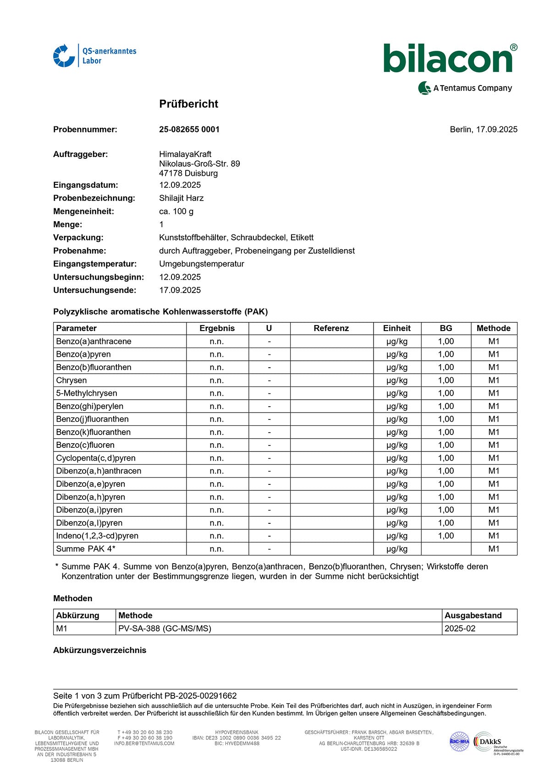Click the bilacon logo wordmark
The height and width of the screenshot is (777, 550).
448,59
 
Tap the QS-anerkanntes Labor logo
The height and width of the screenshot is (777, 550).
95,56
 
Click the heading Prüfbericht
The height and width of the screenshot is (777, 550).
188,104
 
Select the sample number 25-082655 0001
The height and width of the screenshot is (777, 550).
189,130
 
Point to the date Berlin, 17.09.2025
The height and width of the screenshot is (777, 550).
483,130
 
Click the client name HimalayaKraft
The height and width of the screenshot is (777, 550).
185,154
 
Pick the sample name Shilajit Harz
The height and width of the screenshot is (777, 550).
181,198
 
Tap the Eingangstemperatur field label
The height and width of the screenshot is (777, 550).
95,264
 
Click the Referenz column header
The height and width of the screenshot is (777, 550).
331,328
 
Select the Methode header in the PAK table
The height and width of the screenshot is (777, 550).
493,328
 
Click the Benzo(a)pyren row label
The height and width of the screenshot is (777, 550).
83,354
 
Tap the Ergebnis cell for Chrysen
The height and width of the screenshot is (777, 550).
217,380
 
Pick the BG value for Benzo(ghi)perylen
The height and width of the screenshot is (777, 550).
445,406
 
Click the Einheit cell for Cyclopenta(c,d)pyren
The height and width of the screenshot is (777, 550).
396,458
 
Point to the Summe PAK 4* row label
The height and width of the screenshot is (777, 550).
86,549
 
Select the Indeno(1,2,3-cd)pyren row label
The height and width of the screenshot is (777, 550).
97,536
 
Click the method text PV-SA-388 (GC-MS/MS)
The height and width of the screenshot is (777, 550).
165,629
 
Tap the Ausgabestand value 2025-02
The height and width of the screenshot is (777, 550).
460,629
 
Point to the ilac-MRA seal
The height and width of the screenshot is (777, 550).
459,742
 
